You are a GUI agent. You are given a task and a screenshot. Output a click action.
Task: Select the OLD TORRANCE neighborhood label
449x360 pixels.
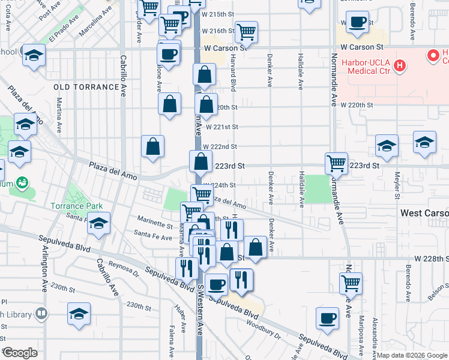pos(86,87)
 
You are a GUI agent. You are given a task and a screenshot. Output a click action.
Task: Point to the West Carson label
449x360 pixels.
pos(424,214)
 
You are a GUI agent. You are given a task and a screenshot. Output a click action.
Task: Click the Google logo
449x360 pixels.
pos(19,353)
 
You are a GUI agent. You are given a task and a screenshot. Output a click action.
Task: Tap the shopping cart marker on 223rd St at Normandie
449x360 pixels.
pos(336,163)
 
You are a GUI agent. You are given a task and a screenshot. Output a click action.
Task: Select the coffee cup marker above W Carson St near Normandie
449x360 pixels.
pos(358,23)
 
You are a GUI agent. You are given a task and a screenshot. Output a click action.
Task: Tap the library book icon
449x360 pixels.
pos(41,313)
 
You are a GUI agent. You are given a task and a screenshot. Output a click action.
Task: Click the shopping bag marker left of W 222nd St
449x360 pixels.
pos(153,146)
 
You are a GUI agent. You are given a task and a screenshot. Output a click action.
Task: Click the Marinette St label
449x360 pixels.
pos(155,223)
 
